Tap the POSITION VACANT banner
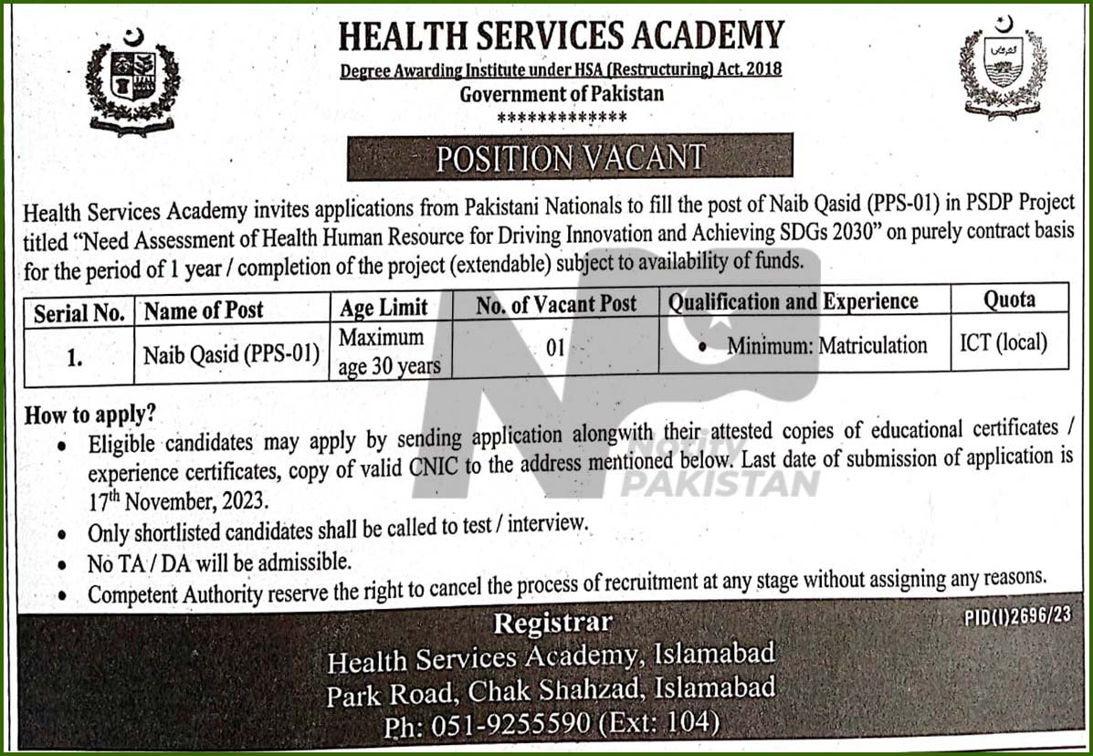click(x=570, y=157)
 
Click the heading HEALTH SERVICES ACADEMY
click(x=561, y=37)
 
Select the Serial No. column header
click(x=79, y=313)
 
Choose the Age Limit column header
click(x=384, y=308)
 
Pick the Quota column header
click(x=1009, y=300)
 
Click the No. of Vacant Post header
click(x=556, y=305)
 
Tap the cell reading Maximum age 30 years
click(x=388, y=352)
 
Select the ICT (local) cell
click(x=1004, y=343)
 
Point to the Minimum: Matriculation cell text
click(x=826, y=346)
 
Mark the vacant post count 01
click(x=556, y=348)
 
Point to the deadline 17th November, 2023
click(x=178, y=500)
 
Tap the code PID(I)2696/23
click(x=1017, y=616)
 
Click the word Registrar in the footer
click(x=552, y=624)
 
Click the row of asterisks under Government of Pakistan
click(x=562, y=117)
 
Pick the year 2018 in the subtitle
click(x=761, y=69)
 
